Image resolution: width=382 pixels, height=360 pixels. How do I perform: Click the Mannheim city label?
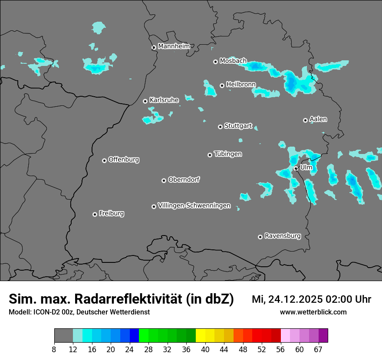point(174,46)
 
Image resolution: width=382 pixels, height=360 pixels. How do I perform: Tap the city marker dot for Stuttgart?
point(220,127)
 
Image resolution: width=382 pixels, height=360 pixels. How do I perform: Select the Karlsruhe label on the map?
point(164,100)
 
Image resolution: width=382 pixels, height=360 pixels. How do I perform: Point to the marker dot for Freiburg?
point(95,214)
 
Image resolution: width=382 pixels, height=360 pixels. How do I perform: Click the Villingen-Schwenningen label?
point(194,206)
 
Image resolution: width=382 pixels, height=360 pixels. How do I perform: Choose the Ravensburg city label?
point(282,236)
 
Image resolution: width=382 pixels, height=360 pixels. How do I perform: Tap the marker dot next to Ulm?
point(296,168)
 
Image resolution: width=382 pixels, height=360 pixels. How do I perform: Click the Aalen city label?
point(318,119)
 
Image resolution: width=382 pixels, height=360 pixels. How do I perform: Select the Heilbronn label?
point(241,85)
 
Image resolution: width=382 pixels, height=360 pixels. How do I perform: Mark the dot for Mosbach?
point(215,62)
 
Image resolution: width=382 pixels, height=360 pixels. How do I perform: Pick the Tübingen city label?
point(228,154)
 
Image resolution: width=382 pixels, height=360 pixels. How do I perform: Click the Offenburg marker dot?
point(104,160)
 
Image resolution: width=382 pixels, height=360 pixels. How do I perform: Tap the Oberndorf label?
point(184,180)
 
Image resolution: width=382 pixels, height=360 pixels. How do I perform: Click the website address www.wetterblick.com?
point(313,312)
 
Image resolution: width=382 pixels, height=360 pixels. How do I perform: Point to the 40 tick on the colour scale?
point(205,349)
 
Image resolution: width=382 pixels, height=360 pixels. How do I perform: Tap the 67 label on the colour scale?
point(318,349)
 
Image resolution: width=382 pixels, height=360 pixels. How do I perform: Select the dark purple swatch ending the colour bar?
point(323,336)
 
